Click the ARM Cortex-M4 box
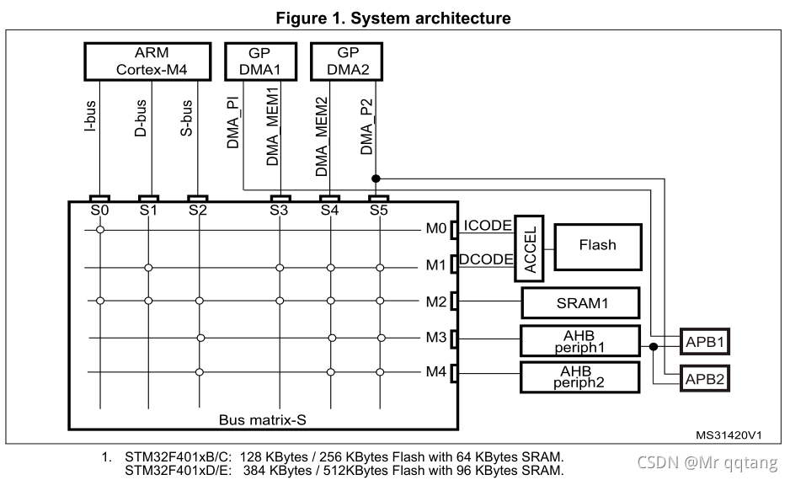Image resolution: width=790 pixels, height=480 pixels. (x=147, y=61)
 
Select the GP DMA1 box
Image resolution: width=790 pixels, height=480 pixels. (x=260, y=61)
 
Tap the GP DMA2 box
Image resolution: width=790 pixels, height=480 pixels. (x=347, y=61)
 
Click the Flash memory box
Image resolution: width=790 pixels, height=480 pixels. (x=598, y=247)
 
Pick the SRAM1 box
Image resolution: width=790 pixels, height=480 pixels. (x=580, y=303)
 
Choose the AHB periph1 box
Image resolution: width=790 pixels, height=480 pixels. (x=580, y=341)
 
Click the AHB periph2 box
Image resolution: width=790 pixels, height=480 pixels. (x=580, y=376)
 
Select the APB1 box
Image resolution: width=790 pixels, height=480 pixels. (x=704, y=342)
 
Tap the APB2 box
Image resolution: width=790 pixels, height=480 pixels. (x=704, y=379)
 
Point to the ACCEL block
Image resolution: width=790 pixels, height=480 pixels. (x=529, y=248)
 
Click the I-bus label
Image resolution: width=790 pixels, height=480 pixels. (x=90, y=116)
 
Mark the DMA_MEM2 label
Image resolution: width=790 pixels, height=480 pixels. (x=322, y=136)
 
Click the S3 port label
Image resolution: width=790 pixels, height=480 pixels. (x=279, y=210)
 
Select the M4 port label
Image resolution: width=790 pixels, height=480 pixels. (x=435, y=371)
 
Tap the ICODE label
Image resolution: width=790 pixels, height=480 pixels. (x=487, y=225)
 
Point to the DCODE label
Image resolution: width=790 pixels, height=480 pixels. (x=486, y=259)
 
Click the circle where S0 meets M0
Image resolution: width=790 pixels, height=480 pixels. (x=100, y=230)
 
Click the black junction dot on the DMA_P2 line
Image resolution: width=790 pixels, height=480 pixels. (x=376, y=179)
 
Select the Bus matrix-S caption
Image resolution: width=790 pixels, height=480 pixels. (x=263, y=419)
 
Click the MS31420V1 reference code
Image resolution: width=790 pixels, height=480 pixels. (x=729, y=435)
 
